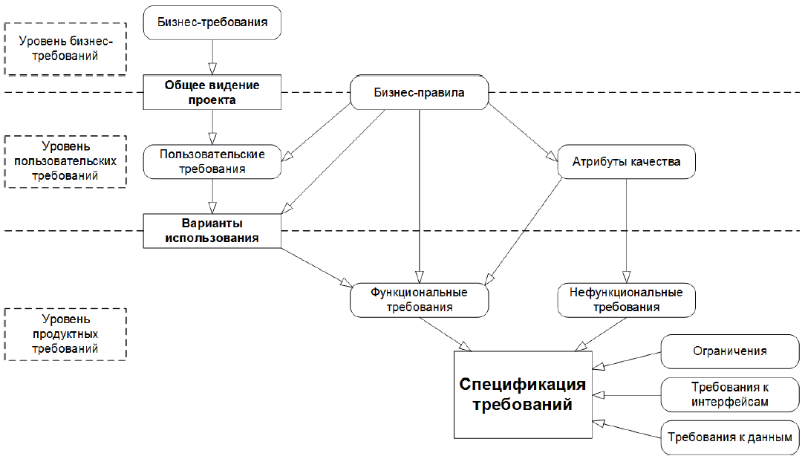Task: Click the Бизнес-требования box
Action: [x=212, y=22]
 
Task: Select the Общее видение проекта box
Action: [x=212, y=92]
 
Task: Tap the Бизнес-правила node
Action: [x=419, y=94]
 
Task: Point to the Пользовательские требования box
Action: [x=212, y=161]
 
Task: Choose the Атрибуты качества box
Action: [x=627, y=161]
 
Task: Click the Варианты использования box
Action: [x=212, y=230]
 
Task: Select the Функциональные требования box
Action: [x=420, y=299]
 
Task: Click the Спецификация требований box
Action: [x=523, y=394]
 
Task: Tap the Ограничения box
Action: [x=729, y=351]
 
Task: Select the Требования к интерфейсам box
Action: [x=729, y=394]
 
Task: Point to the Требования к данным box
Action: [x=729, y=437]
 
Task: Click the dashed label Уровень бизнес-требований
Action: [x=65, y=48]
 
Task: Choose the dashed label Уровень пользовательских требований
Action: [x=65, y=160]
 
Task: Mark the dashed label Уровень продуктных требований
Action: [x=65, y=333]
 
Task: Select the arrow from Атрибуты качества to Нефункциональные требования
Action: [x=626, y=230]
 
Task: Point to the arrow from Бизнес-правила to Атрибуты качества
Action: [x=520, y=131]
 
